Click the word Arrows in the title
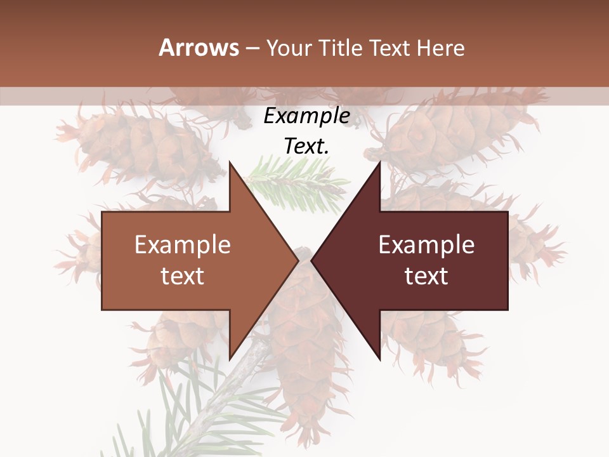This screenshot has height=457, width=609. click(199, 48)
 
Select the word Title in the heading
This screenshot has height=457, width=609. click(340, 48)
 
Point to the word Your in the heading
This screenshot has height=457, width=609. click(289, 48)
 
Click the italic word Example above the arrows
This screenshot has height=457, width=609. click(306, 116)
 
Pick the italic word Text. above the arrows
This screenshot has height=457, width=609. click(306, 146)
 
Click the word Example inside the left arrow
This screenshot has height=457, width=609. click(183, 244)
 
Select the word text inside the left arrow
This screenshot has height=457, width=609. click(183, 275)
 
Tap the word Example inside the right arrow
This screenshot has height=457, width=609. click(426, 244)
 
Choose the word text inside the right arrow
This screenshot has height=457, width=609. click(426, 275)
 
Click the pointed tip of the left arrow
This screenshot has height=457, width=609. click(298, 260)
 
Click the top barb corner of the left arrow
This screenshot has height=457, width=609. click(230, 162)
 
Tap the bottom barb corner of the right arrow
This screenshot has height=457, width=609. click(380, 359)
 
